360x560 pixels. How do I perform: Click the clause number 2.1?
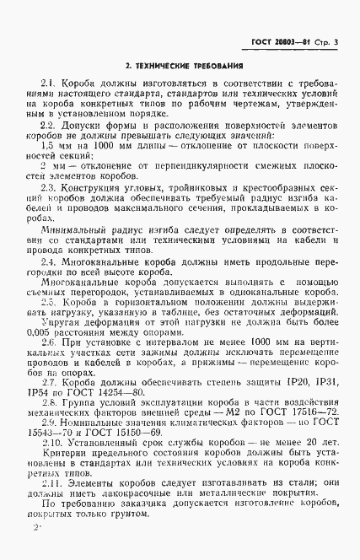48,84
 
